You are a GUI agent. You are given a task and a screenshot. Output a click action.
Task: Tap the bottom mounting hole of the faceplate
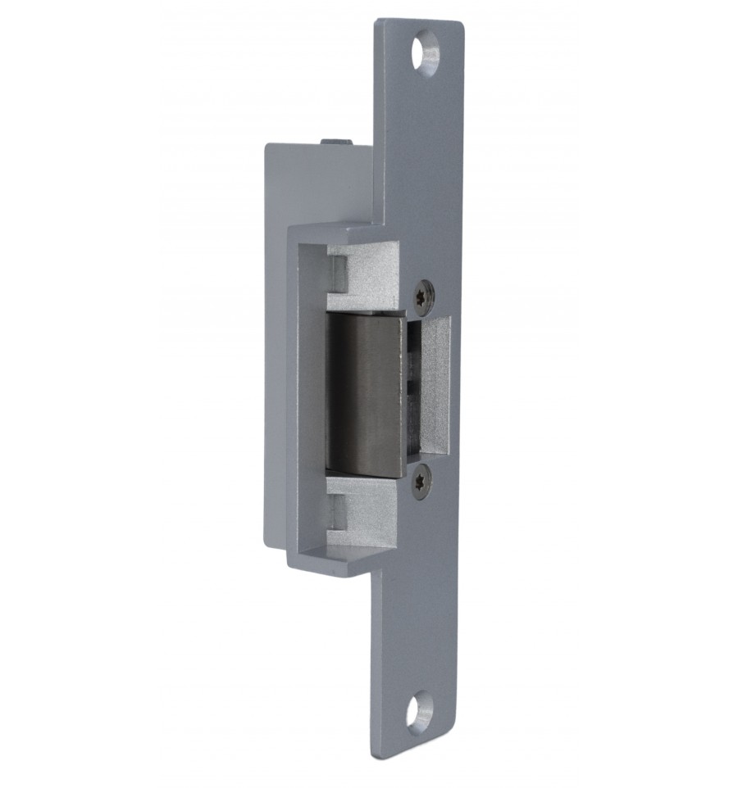tap(418, 712)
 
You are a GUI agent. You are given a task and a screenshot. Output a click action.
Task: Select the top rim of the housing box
tap(336, 230)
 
